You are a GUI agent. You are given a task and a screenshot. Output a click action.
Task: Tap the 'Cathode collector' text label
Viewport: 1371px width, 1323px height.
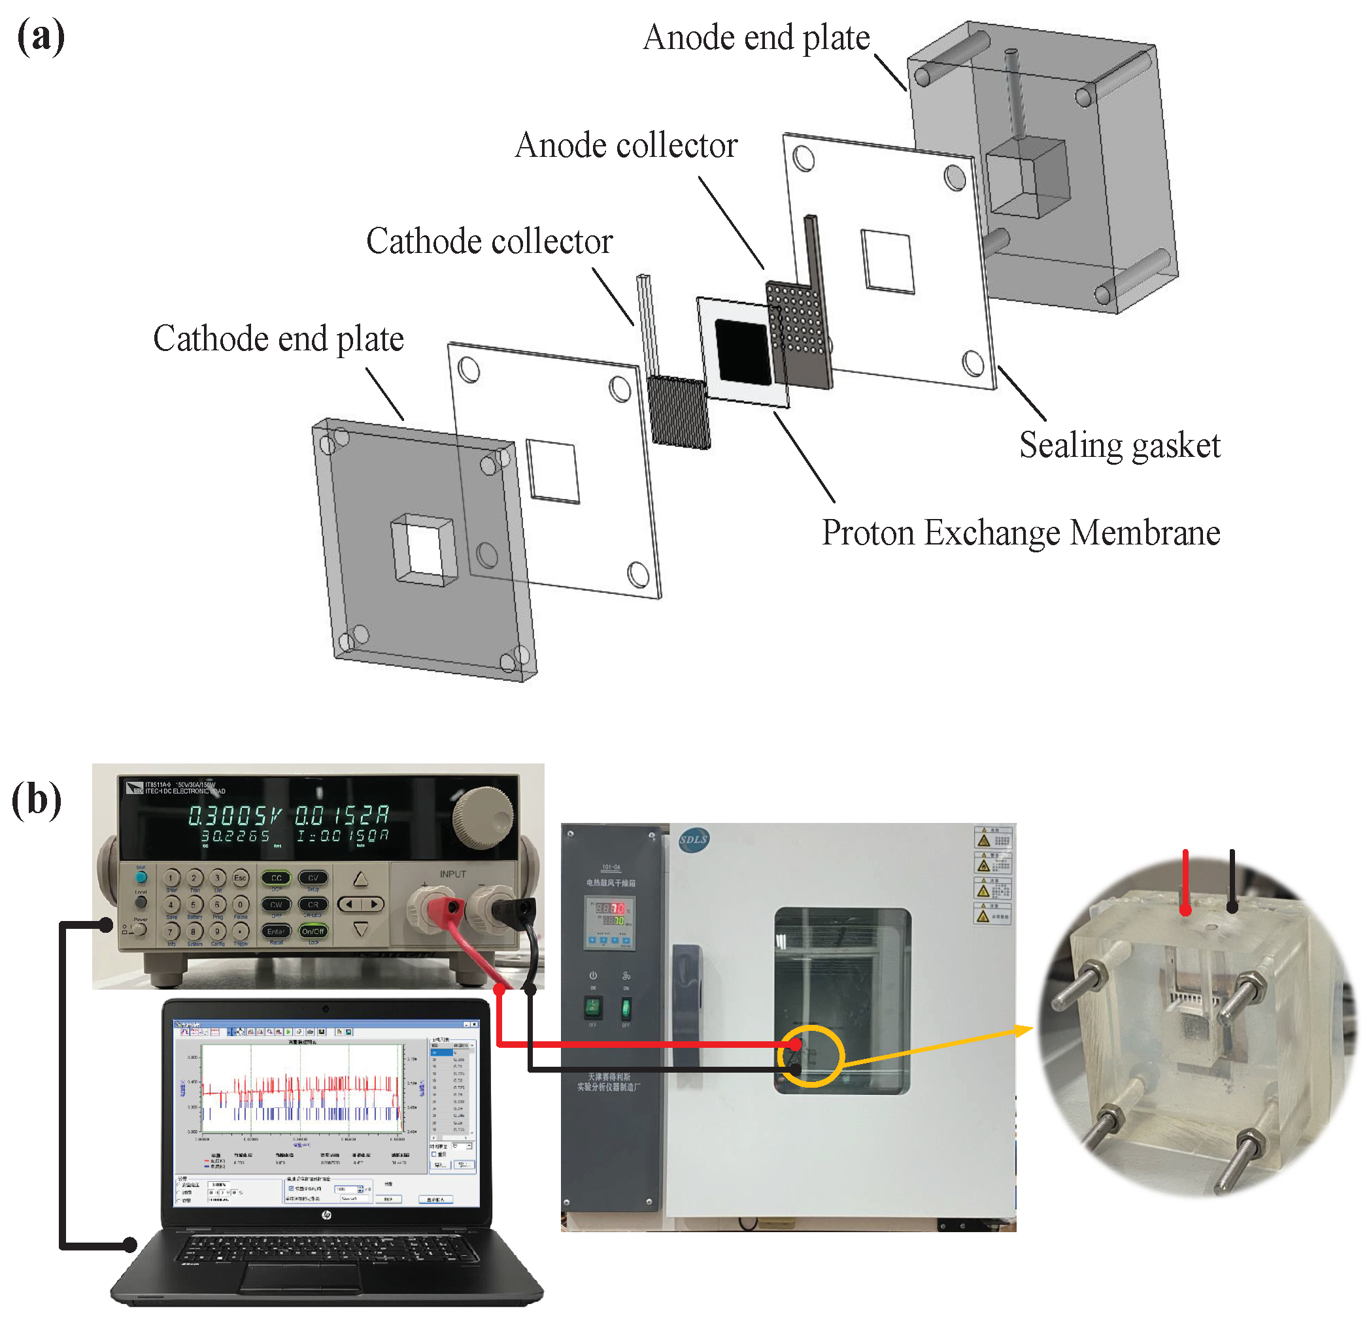point(489,242)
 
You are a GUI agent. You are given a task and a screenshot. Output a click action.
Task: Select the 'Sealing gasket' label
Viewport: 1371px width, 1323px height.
point(1119,445)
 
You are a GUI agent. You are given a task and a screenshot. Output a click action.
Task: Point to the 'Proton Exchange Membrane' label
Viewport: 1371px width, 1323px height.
point(1020,533)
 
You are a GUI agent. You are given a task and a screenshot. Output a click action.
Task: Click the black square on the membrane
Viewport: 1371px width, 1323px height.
point(743,352)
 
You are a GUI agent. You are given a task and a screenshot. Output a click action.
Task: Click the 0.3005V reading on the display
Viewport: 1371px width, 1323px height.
point(235,815)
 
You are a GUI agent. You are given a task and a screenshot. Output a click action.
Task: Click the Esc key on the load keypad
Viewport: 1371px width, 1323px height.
point(240,878)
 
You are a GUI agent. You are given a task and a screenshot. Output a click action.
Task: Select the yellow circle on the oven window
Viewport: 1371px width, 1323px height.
point(810,1056)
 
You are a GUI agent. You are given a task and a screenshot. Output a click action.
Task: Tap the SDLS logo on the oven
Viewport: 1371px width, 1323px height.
point(693,839)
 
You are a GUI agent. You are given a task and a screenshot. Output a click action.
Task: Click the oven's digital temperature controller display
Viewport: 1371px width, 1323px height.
point(610,915)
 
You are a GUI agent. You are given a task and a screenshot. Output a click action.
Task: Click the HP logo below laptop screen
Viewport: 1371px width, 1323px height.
point(326,1216)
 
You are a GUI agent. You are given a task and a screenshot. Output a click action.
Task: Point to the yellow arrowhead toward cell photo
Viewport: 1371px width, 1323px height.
point(1024,1030)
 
